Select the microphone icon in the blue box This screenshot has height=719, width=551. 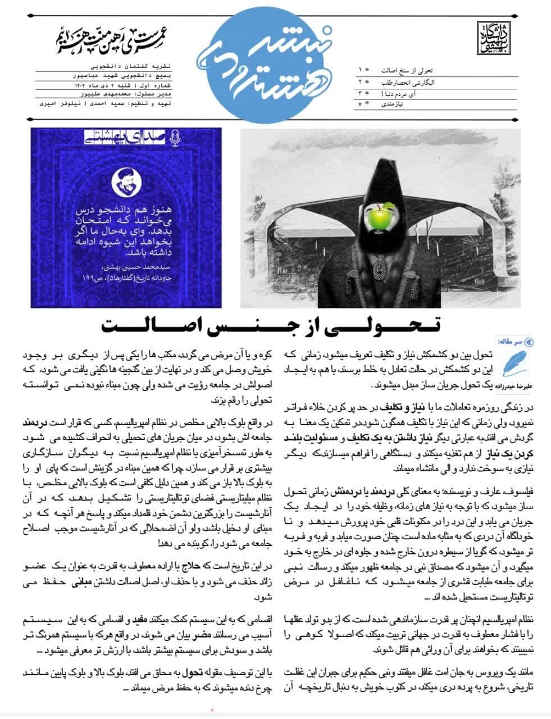click(x=174, y=136)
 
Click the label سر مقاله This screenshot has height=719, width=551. click(x=511, y=341)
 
